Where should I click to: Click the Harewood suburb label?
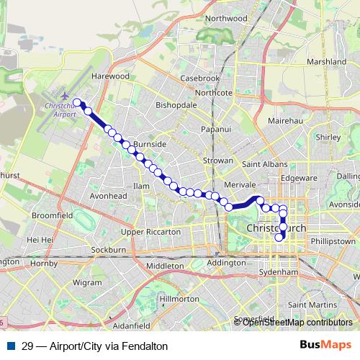[x=110, y=76]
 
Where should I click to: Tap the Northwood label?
[x=225, y=38]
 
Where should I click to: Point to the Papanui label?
[x=216, y=129]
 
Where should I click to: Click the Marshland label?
[x=326, y=62]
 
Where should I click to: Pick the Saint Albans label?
[x=260, y=165]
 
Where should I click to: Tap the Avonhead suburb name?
[x=108, y=195]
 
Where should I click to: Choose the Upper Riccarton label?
[x=150, y=232]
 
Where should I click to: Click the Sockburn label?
[x=109, y=250]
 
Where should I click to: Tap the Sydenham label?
[x=278, y=273]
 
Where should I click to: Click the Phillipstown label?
[x=334, y=241]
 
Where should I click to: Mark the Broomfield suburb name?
[x=52, y=215]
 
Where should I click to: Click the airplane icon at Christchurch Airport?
[x=65, y=96]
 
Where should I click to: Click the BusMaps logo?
[x=325, y=345]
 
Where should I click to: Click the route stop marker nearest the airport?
[x=77, y=102]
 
